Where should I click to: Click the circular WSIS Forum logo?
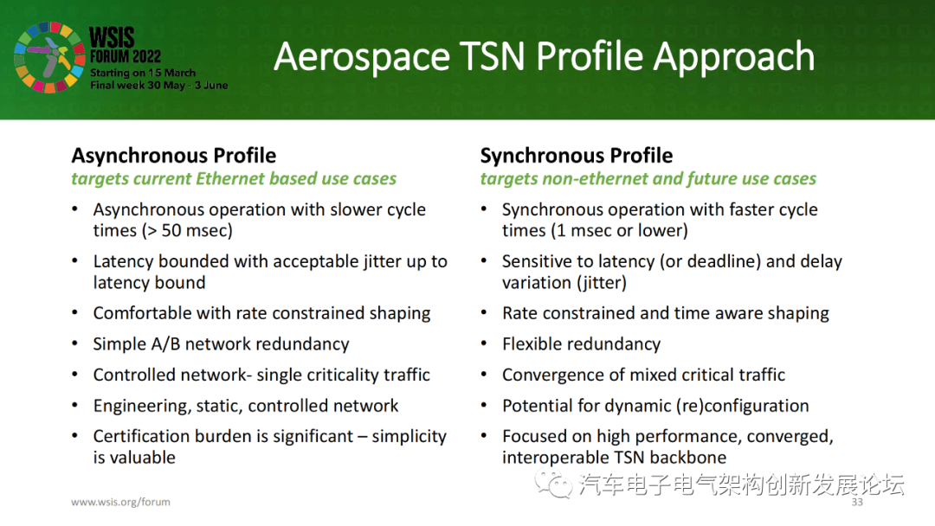point(49,58)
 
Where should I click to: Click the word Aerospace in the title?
point(361,57)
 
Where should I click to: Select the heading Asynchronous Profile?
point(173,156)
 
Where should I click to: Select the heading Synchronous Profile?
point(576,156)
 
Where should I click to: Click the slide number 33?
point(857,502)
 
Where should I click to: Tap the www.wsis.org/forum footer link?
point(120,502)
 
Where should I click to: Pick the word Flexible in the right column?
point(532,344)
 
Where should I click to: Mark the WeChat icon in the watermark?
point(553,483)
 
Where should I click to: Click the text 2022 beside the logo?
point(146,56)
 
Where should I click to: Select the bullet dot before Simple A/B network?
point(74,343)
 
